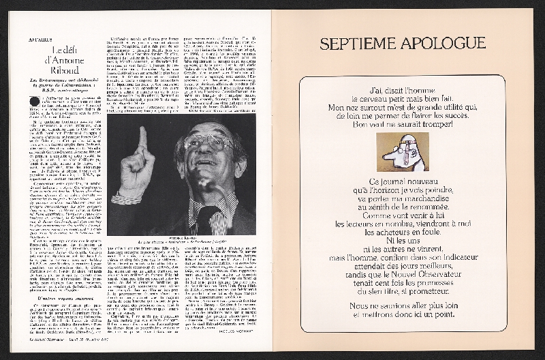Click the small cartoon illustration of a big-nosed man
click(401, 151)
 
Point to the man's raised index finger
click(142, 140)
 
